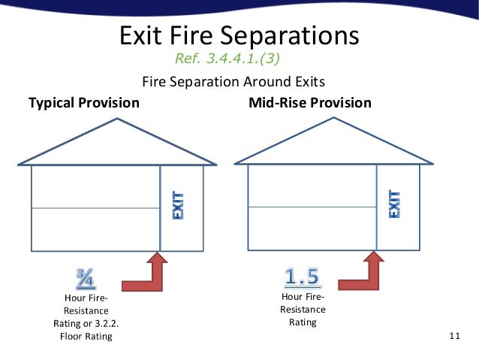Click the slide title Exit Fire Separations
click(239, 35)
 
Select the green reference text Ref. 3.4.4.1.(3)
click(230, 58)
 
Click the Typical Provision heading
click(84, 102)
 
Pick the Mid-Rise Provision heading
click(309, 102)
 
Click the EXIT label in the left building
click(181, 207)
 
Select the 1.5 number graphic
click(303, 277)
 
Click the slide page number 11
click(453, 335)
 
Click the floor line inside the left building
click(95, 208)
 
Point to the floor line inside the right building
click(312, 207)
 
